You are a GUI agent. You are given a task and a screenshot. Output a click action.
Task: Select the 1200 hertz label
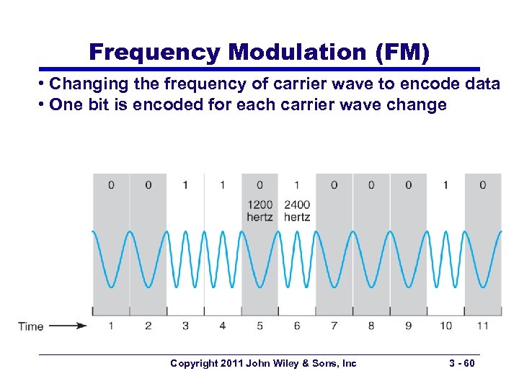point(259,210)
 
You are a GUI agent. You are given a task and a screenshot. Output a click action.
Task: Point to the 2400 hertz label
point(297,210)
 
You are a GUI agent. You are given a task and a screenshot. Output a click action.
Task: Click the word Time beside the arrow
point(31,326)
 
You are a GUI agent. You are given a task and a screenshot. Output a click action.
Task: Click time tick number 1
point(111,326)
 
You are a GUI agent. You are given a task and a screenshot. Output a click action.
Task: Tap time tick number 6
point(297,326)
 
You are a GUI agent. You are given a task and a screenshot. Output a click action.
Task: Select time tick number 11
point(482,326)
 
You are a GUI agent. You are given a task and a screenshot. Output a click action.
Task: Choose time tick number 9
point(408,326)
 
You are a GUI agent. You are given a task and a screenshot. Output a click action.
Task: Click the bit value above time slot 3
point(185,185)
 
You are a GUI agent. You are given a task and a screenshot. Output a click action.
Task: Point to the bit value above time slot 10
point(445,185)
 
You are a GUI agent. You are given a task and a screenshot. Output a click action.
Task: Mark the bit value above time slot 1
point(111,185)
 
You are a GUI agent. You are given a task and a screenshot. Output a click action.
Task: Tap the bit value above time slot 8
point(371,185)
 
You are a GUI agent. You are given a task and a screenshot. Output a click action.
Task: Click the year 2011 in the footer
point(231,364)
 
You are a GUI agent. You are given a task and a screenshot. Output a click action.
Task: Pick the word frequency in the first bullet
point(197,84)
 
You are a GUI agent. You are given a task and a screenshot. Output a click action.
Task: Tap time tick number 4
point(223,326)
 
